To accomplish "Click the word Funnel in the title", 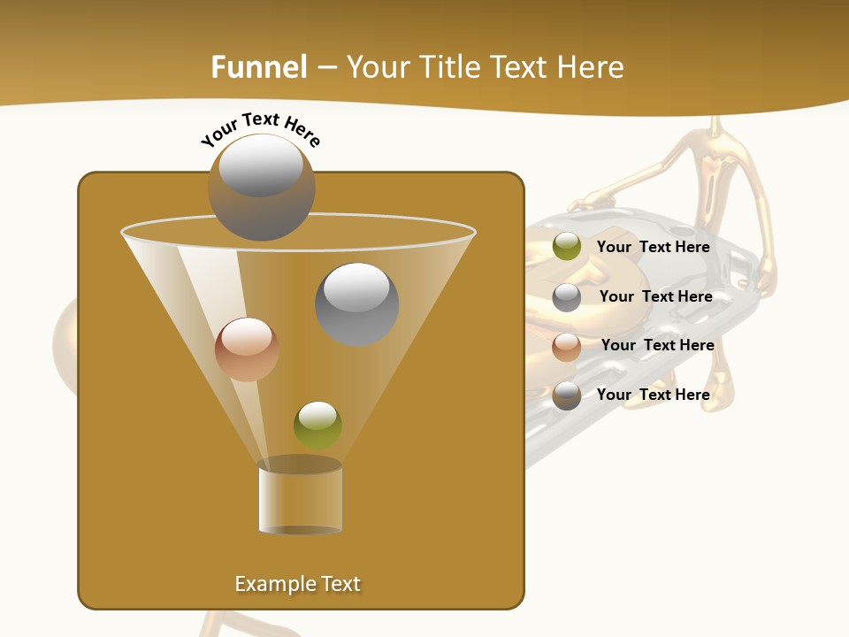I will (x=258, y=67).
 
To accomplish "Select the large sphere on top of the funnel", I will (x=262, y=188).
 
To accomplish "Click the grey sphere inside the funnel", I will (x=357, y=304).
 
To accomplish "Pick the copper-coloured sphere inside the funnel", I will (x=247, y=349).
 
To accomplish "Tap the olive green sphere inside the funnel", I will (x=317, y=425).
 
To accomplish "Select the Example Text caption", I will (x=297, y=584).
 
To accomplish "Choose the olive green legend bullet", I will (x=567, y=247).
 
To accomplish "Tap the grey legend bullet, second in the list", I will (x=567, y=296).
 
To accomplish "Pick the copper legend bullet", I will (x=567, y=346).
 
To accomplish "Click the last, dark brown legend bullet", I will (x=567, y=395).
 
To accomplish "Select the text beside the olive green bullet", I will (x=653, y=247).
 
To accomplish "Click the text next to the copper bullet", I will (x=657, y=345).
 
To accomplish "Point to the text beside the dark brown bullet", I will (x=653, y=395).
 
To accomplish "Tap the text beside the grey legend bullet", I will (x=655, y=296).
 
